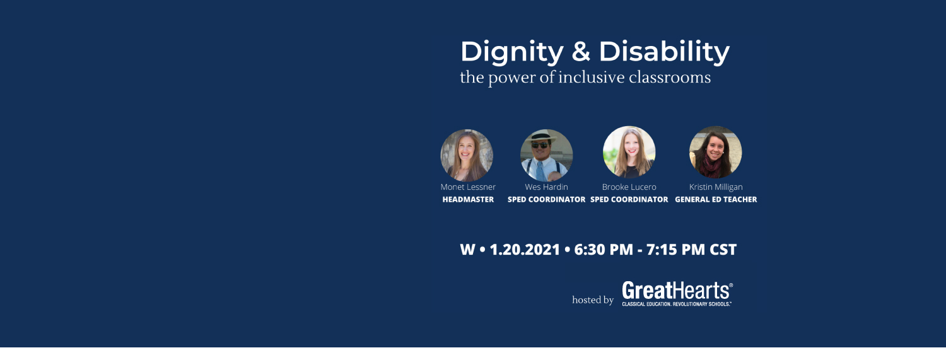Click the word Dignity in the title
click(x=512, y=52)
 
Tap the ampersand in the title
click(x=581, y=52)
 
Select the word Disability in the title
click(x=664, y=52)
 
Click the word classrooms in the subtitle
click(x=670, y=78)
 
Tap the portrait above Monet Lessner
click(x=467, y=155)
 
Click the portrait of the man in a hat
click(x=547, y=155)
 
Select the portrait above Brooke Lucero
click(x=629, y=152)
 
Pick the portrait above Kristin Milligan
click(x=715, y=152)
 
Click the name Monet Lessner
click(x=468, y=187)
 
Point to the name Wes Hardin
click(x=547, y=187)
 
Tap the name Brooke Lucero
click(x=629, y=187)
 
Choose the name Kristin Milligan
click(x=716, y=187)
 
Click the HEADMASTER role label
click(x=468, y=200)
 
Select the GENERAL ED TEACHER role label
click(x=716, y=200)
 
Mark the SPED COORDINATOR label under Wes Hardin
click(x=547, y=200)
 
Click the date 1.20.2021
click(x=525, y=250)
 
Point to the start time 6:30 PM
click(x=604, y=250)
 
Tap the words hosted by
click(x=593, y=299)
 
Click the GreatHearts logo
click(x=677, y=294)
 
